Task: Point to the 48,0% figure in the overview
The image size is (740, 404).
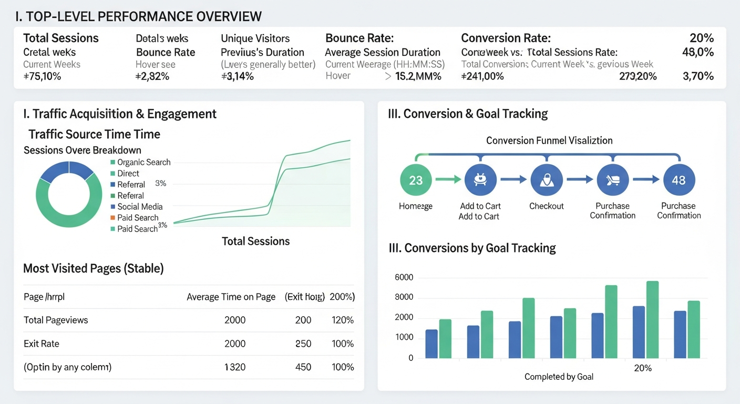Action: pos(697,52)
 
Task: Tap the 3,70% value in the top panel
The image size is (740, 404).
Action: pos(698,76)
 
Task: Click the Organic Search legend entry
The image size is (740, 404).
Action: pos(143,163)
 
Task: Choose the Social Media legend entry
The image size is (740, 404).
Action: pos(140,207)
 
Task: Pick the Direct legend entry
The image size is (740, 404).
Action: pos(128,174)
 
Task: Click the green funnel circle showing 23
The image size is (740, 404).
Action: pos(415,180)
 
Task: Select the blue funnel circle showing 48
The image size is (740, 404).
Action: pos(679,180)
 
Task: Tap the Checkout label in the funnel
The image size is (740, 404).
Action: pos(546,206)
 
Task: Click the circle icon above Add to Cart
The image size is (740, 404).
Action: pos(480,180)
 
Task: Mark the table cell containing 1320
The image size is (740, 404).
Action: pos(234,367)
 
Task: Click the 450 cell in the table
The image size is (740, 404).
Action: pos(303,367)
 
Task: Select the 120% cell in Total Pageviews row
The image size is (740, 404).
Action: pos(343,320)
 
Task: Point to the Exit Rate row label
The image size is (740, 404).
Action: pos(42,344)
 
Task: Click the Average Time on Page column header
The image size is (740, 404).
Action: pos(231,297)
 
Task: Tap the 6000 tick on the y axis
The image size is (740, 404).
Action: pos(404,278)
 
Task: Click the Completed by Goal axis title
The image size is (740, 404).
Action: pos(559,377)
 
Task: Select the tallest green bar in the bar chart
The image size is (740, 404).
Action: pos(652,320)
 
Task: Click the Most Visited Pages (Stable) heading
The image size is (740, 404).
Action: pos(94,269)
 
